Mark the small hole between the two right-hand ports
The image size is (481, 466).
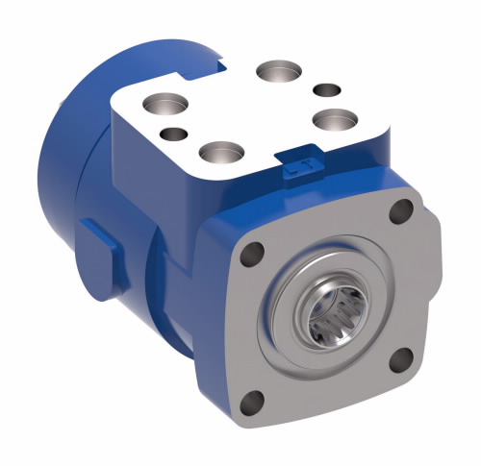[327, 90]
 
